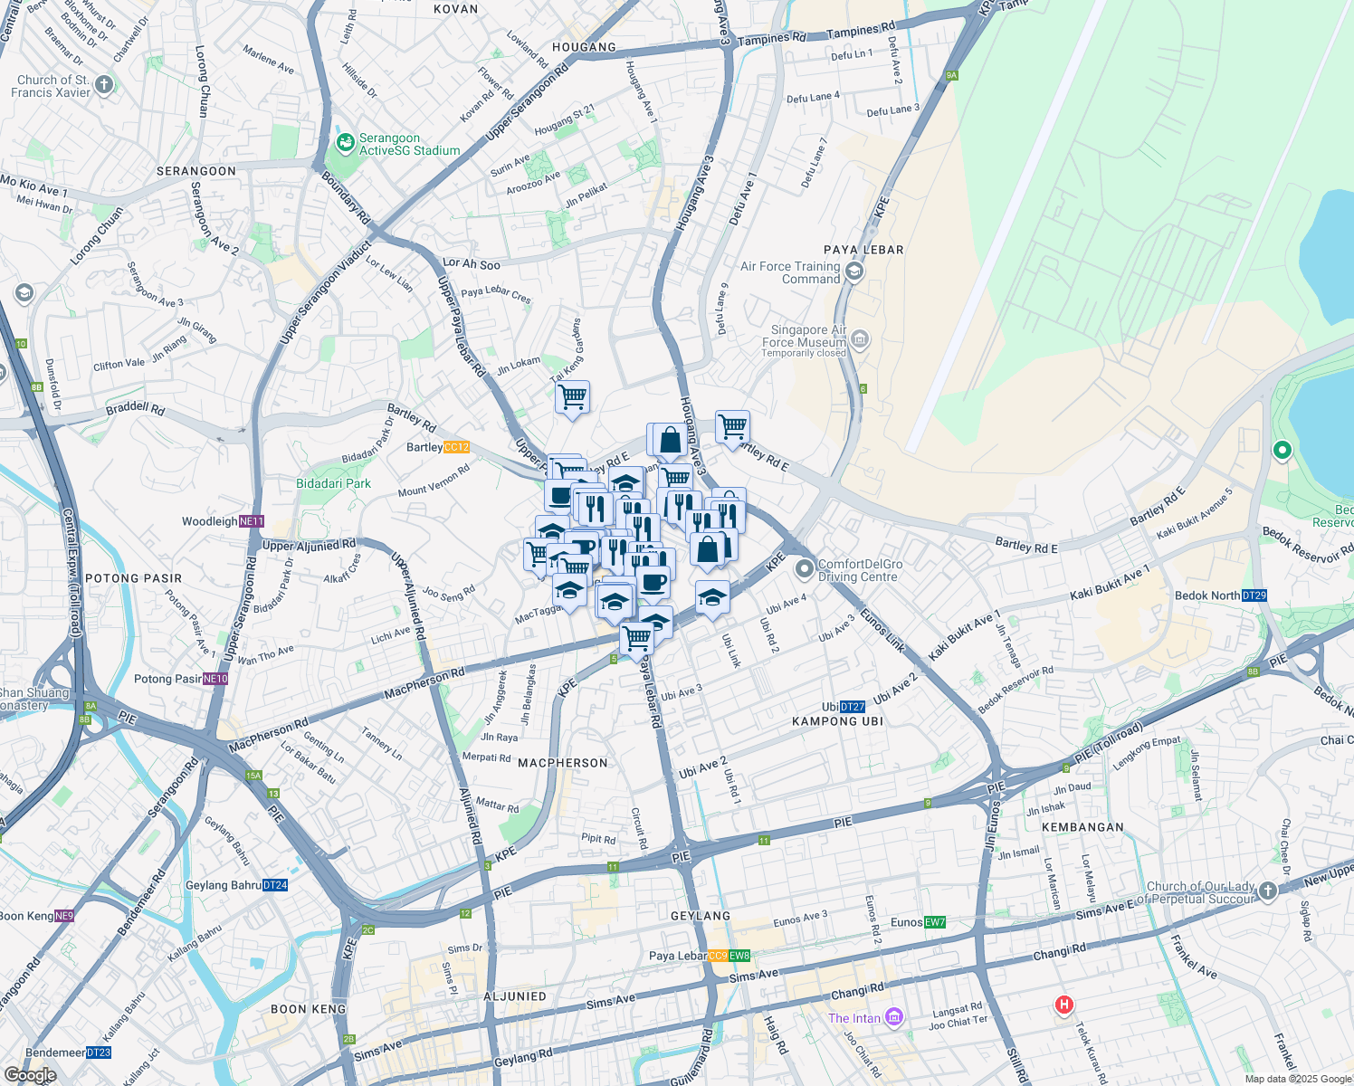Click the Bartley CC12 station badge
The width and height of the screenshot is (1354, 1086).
457,447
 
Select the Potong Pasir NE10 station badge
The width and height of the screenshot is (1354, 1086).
215,679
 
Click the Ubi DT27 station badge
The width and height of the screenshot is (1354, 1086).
853,707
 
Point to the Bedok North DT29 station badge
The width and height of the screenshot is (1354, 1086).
1254,595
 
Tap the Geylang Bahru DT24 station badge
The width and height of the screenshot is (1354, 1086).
275,885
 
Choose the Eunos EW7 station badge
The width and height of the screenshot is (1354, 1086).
935,922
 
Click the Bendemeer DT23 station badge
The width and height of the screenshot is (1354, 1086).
99,1053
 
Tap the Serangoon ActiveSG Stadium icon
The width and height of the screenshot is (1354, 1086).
345,143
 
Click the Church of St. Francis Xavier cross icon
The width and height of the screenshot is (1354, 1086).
104,86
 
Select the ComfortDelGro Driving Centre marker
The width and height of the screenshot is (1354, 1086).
804,569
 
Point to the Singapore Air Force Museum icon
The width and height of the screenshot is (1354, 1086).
860,340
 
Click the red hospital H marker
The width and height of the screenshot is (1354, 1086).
1064,1005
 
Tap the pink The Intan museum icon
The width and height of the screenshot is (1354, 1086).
894,1017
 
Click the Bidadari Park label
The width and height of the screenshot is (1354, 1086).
333,483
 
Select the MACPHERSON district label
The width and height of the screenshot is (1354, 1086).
563,763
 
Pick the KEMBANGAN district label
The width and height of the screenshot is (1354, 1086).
1082,827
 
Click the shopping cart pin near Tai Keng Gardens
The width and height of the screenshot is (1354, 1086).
572,397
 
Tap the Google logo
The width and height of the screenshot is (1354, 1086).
30,1075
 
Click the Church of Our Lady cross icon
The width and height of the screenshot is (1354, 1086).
1267,891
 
